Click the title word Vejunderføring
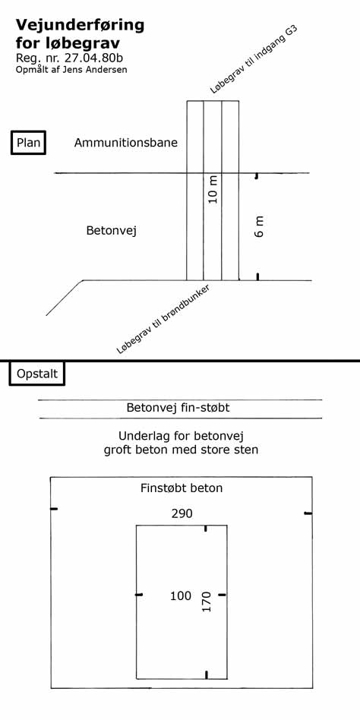click(x=80, y=26)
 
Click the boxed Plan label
click(x=28, y=142)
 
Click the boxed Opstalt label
click(x=37, y=374)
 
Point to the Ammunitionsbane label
click(x=126, y=142)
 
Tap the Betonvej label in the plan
click(x=112, y=231)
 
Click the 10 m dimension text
click(x=213, y=189)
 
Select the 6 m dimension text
click(x=260, y=227)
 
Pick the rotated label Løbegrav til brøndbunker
click(x=163, y=319)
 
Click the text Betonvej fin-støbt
click(x=178, y=407)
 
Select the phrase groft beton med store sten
click(x=181, y=449)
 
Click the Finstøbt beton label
click(x=182, y=488)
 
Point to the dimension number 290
click(x=182, y=513)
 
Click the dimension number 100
click(x=181, y=595)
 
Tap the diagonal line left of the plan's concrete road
click(x=65, y=298)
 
